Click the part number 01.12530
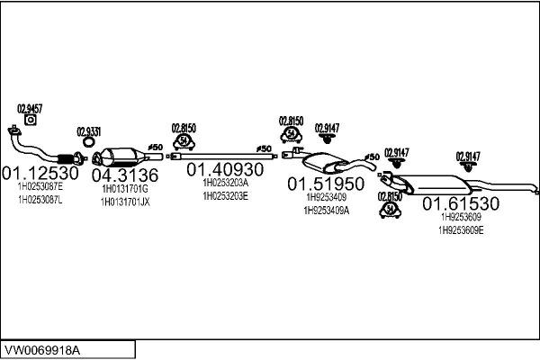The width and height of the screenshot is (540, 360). click(40, 173)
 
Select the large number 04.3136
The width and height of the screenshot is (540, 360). click(125, 175)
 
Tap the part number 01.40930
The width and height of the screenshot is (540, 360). click(224, 168)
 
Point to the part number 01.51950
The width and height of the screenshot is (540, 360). click(326, 184)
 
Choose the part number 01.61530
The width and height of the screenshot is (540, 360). click(461, 203)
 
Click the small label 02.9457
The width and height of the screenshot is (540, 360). click(30, 107)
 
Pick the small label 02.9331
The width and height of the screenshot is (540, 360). click(88, 130)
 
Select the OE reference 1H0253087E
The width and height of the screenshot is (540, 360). click(40, 187)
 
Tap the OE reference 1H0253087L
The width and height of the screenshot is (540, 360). click(40, 199)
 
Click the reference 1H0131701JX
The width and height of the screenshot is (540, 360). click(125, 202)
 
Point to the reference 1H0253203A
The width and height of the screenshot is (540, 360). click(225, 182)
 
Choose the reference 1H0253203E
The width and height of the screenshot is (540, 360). click(225, 194)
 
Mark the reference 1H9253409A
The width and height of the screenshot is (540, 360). click(327, 211)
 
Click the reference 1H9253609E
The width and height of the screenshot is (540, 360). click(461, 229)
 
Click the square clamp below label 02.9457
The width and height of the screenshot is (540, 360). click(30, 119)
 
